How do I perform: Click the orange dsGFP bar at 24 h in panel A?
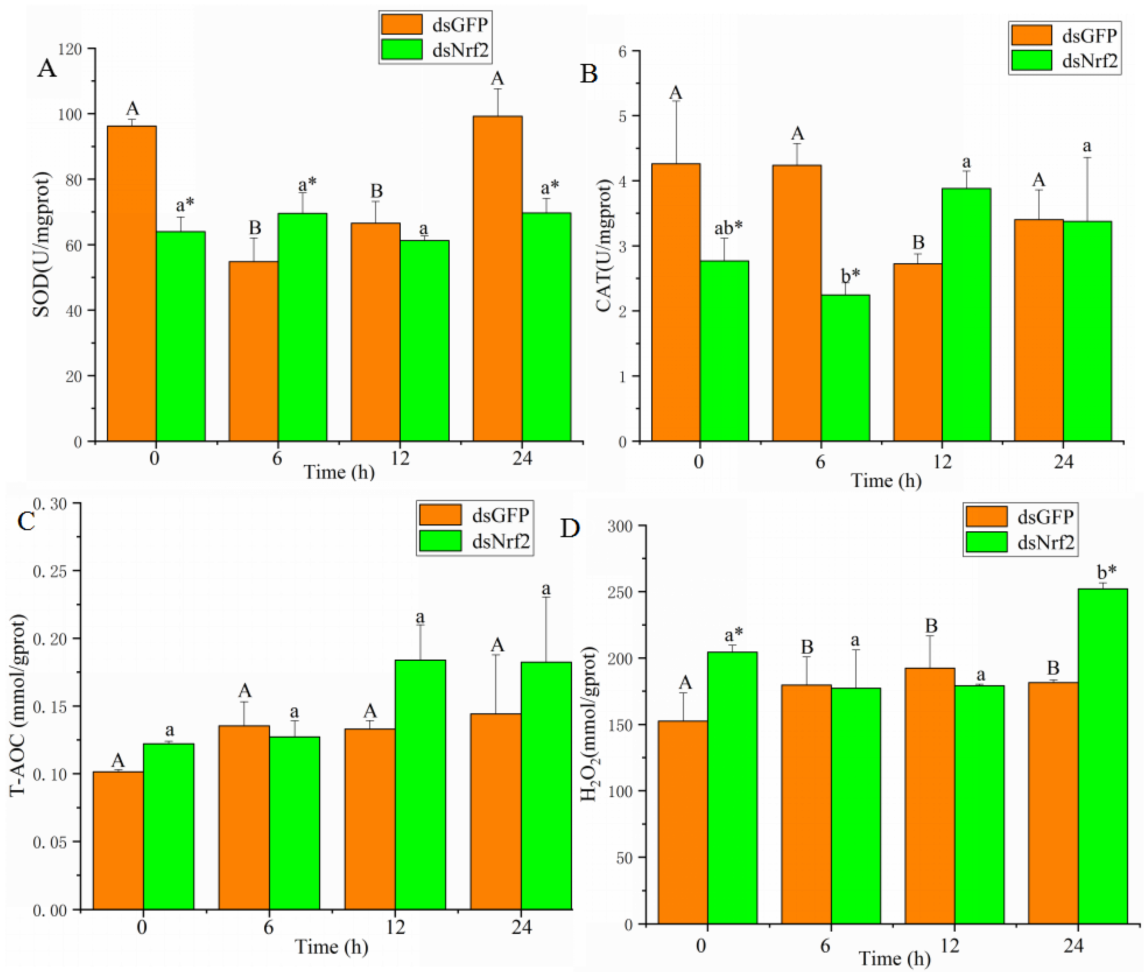pos(497,278)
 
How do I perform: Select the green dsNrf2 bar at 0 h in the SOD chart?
pos(181,336)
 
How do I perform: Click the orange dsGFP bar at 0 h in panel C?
pos(118,840)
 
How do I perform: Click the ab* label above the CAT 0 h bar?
pos(728,226)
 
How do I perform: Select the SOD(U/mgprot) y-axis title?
pos(42,245)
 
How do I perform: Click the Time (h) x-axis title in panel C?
pos(331,947)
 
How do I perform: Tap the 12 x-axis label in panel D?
pos(949,946)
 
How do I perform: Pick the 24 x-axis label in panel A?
pos(521,458)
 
